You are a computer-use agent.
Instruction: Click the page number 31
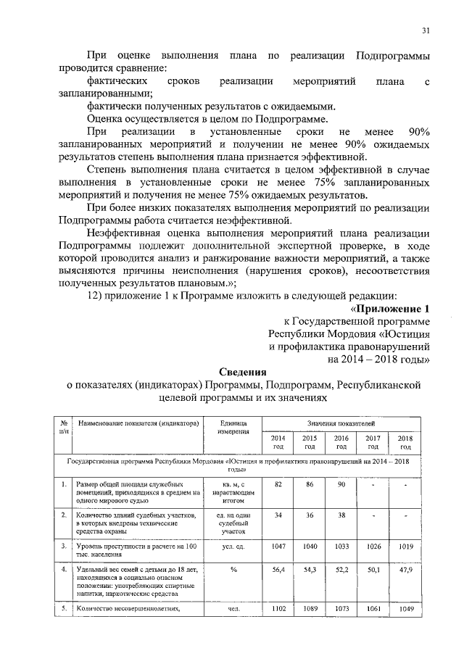(426, 30)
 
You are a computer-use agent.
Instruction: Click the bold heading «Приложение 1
(401, 307)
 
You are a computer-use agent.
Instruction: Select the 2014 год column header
(278, 442)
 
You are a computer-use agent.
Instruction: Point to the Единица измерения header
(233, 426)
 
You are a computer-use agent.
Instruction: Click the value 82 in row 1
(278, 484)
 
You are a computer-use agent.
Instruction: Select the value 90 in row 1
(340, 484)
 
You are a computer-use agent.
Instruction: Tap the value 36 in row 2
(309, 515)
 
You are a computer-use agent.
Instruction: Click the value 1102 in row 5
(278, 610)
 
